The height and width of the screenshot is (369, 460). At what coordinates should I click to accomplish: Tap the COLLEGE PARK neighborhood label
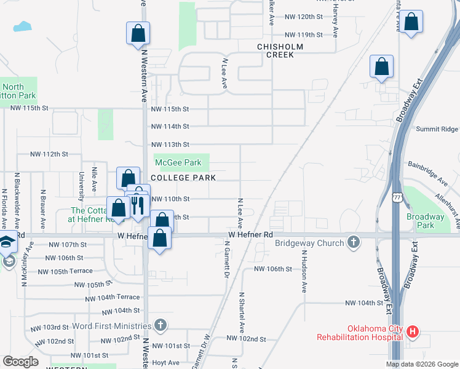pos(183,178)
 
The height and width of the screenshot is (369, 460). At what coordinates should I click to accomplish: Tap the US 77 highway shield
pos(397,196)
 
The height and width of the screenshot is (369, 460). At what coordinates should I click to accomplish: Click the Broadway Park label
pos(425,221)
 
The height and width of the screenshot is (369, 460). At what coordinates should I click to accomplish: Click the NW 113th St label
pos(170,145)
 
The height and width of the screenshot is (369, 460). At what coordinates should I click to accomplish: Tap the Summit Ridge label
pos(437,129)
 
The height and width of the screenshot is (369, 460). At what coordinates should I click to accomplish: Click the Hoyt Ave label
pos(165,363)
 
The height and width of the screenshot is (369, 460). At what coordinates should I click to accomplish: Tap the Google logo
pos(20,362)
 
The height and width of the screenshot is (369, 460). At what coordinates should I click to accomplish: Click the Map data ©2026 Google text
pos(422,364)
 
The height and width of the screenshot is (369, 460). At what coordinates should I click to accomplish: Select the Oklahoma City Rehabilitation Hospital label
pos(360,332)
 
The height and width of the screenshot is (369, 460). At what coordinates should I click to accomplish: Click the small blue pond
pos(22,26)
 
